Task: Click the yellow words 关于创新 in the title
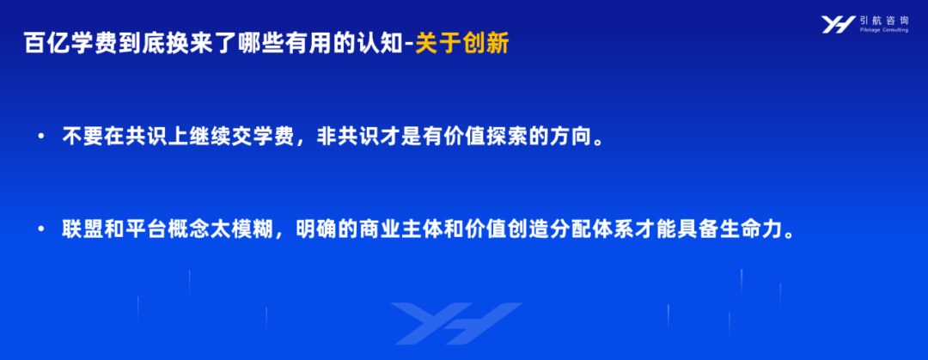point(461,44)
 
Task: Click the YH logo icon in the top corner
point(838,24)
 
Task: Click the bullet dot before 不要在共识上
point(41,137)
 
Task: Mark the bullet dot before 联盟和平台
point(41,229)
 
